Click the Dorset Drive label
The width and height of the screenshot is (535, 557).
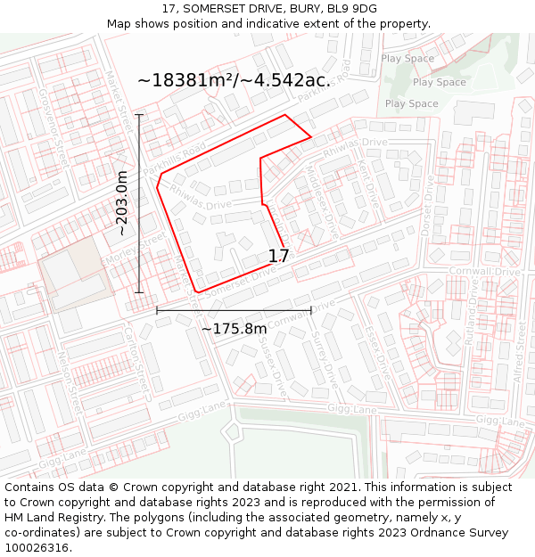429,205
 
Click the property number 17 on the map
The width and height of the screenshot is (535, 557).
278,257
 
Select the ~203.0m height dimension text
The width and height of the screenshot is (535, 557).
122,203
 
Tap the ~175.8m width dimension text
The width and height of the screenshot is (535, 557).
234,329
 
